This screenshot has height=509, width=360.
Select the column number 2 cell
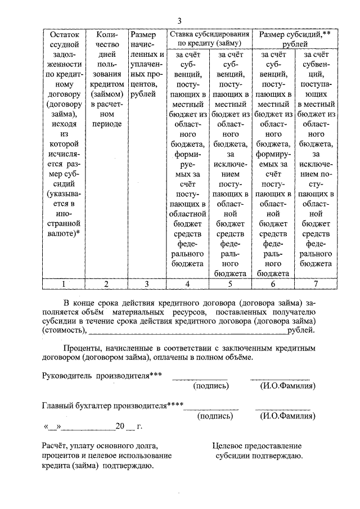point(106,283)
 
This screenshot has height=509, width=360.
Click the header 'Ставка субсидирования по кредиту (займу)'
point(209,38)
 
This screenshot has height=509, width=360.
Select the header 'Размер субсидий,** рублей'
point(295,38)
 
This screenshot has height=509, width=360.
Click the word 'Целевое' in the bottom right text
point(228,445)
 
